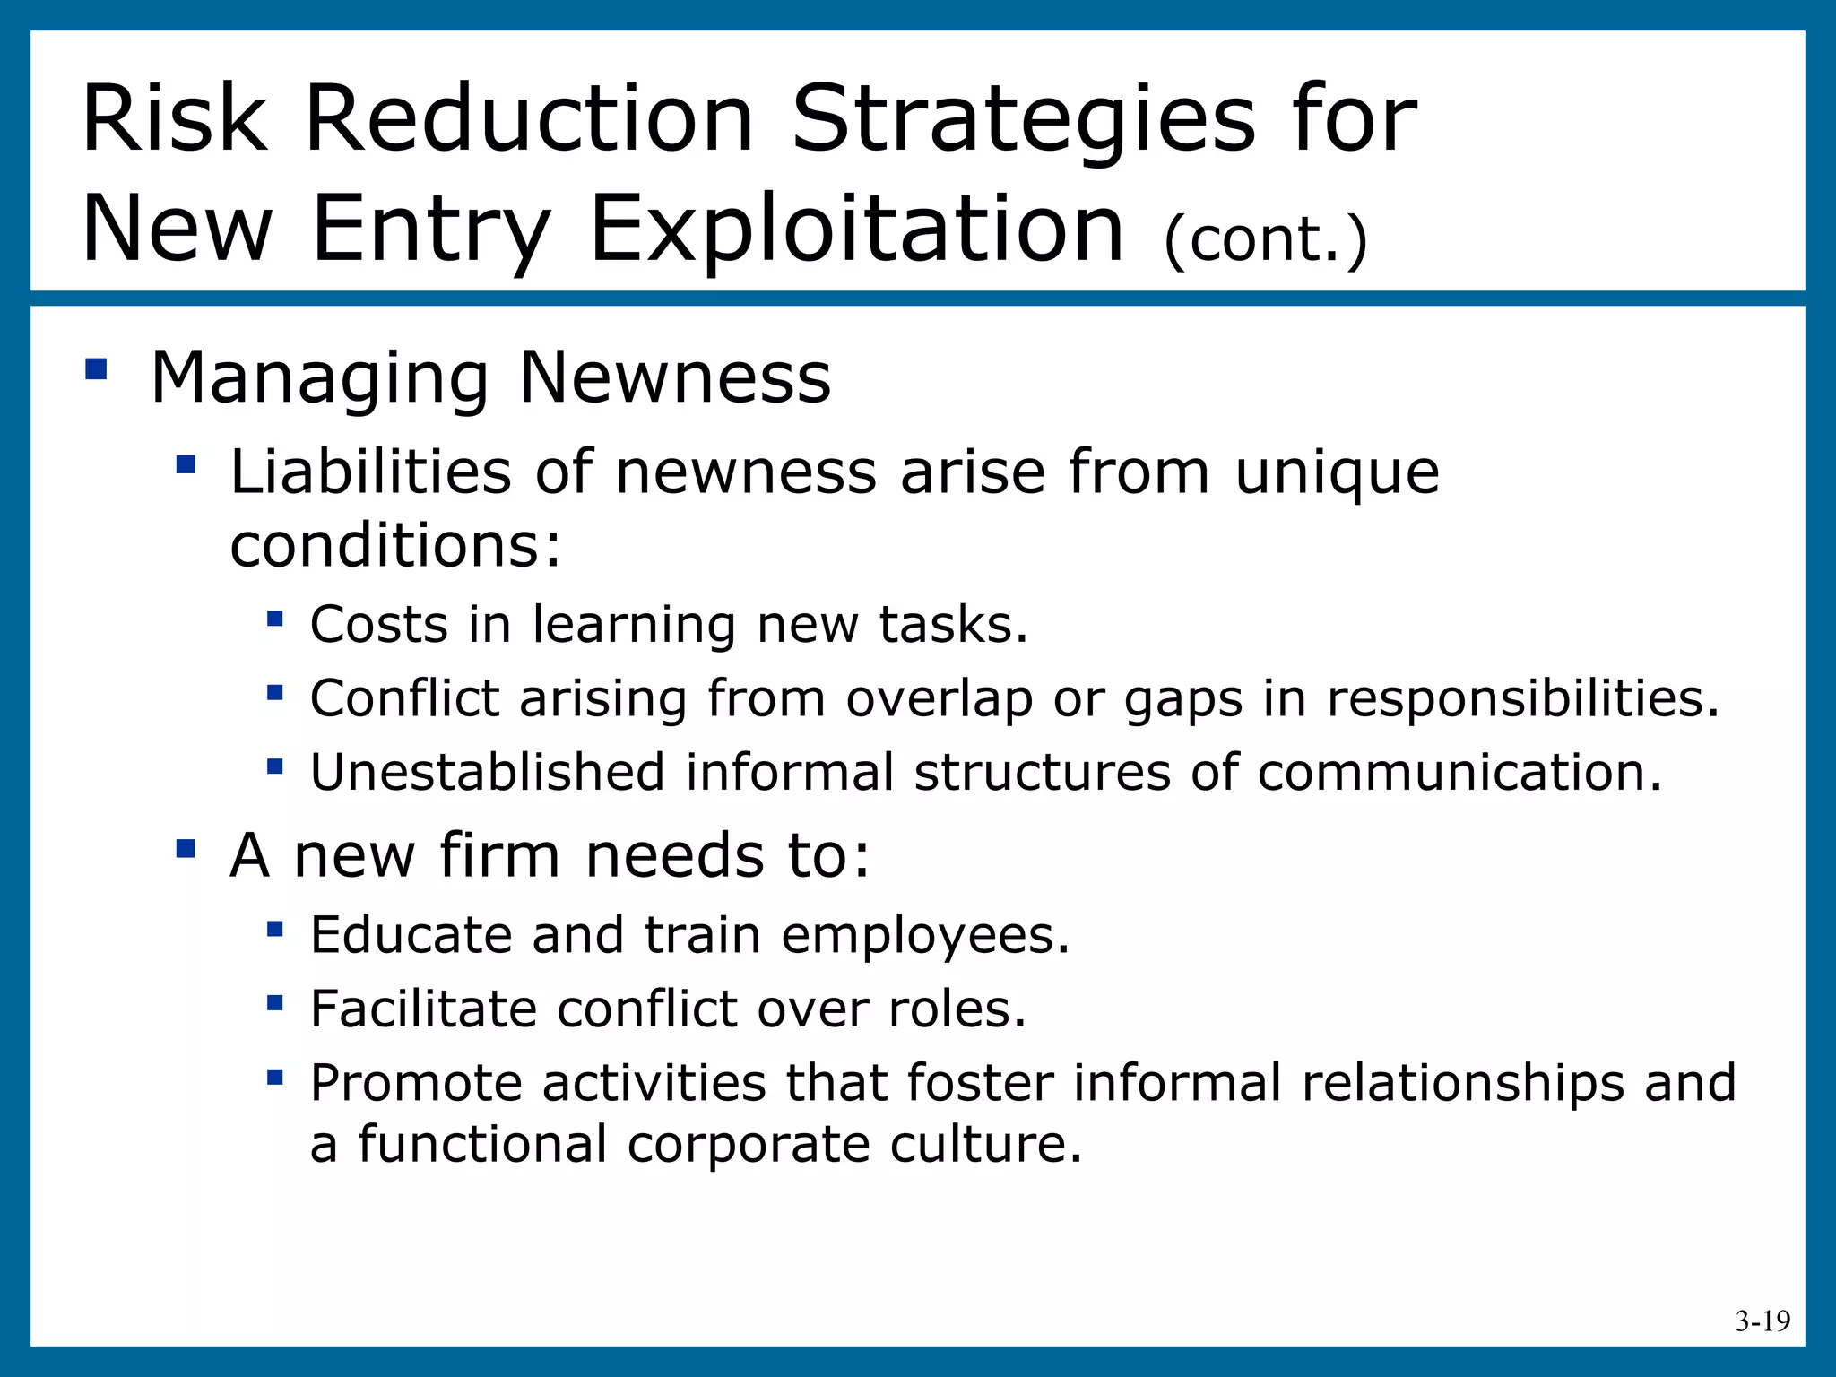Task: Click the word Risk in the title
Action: tap(174, 119)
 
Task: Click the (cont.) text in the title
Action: tap(1265, 239)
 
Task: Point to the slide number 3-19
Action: tap(1762, 1321)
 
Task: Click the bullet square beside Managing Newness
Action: tap(96, 369)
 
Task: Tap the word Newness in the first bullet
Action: tap(675, 377)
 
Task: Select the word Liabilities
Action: tap(370, 472)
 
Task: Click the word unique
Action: tap(1337, 473)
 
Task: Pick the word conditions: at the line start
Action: tap(395, 546)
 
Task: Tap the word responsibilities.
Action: tap(1523, 698)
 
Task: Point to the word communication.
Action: tap(1459, 772)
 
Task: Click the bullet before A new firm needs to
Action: tap(186, 847)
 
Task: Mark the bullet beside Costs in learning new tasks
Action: tap(274, 619)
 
